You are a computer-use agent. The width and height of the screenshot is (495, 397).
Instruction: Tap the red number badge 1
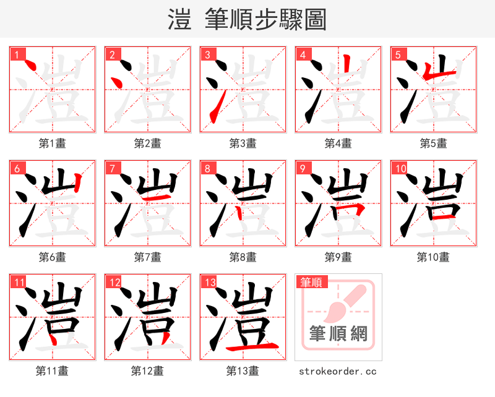click(17, 54)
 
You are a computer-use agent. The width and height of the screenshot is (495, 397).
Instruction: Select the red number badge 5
click(398, 54)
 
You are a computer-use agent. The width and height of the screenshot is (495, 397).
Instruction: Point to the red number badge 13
click(210, 282)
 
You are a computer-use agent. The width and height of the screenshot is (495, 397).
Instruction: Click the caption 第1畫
click(52, 143)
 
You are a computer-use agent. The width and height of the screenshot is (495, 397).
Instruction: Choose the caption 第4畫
click(338, 143)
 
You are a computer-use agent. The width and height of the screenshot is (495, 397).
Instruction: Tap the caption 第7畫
click(147, 257)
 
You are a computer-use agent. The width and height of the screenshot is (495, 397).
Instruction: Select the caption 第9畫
click(338, 257)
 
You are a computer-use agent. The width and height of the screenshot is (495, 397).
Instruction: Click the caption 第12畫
click(147, 371)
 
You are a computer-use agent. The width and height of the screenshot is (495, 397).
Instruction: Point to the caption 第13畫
click(243, 371)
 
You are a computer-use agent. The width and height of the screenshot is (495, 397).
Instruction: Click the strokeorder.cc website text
click(338, 371)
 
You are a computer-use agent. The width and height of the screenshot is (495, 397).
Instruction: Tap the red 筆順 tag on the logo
click(311, 283)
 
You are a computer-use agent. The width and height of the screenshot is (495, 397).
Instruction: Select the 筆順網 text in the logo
click(338, 334)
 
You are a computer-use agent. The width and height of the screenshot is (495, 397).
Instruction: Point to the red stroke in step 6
click(77, 183)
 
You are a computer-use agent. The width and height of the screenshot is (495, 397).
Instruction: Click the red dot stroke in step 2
click(115, 81)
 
